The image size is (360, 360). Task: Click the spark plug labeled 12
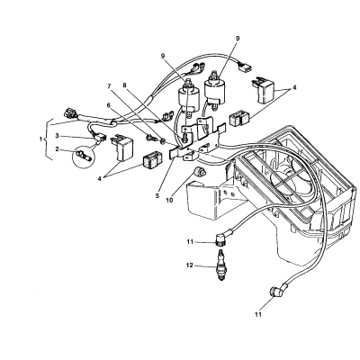(x=221, y=265)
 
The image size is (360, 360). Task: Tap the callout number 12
(x=190, y=265)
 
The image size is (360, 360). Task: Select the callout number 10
(x=170, y=200)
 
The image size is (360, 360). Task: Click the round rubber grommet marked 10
(x=198, y=172)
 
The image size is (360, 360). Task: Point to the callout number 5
(x=157, y=196)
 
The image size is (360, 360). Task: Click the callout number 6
(x=108, y=105)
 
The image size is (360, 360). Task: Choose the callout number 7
(x=124, y=85)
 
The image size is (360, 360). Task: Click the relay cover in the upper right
(x=264, y=91)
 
